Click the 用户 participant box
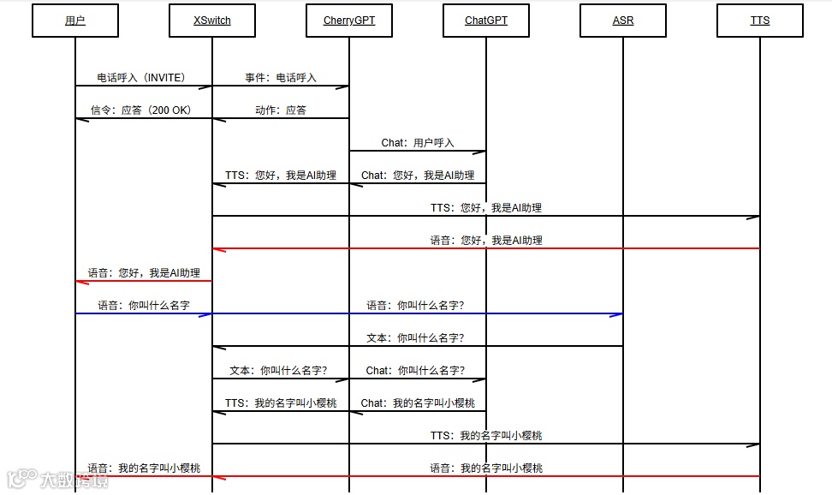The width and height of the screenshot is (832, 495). click(x=75, y=21)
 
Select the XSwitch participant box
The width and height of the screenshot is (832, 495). click(x=212, y=21)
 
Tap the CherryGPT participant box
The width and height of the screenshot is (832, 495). click(x=349, y=21)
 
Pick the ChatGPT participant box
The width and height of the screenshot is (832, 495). click(x=486, y=21)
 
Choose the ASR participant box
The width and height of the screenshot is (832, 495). click(x=623, y=21)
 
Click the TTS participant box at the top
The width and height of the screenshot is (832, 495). click(x=760, y=21)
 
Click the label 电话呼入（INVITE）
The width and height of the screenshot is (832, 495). click(x=141, y=78)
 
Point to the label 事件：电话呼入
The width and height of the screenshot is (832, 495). click(x=281, y=78)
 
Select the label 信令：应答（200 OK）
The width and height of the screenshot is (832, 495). click(x=141, y=110)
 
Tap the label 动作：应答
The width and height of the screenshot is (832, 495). click(x=281, y=110)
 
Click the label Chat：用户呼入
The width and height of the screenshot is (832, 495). click(x=418, y=143)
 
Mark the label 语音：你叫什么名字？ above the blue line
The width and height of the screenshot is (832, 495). click(x=416, y=306)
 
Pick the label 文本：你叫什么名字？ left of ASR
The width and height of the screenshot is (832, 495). click(x=416, y=338)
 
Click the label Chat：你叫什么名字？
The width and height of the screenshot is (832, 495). click(x=416, y=371)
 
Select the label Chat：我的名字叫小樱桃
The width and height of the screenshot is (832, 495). click(x=418, y=403)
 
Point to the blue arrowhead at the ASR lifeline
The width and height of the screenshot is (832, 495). click(x=616, y=314)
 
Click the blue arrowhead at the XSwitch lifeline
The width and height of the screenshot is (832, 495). click(x=205, y=314)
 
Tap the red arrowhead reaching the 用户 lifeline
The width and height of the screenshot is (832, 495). click(x=83, y=282)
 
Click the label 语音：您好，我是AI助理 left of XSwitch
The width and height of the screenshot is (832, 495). click(x=144, y=273)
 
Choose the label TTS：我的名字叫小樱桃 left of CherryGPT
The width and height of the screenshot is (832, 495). click(x=281, y=403)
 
